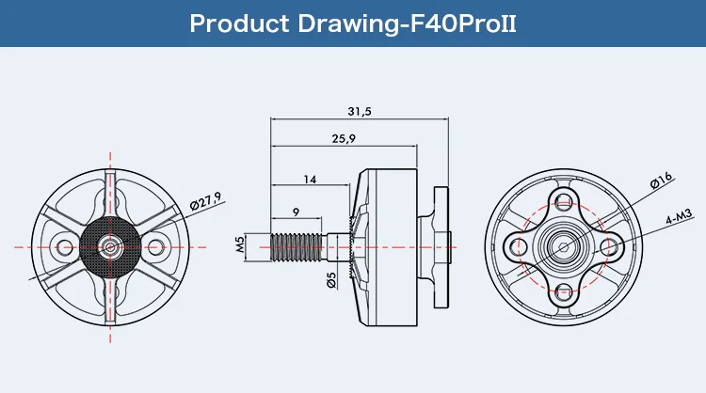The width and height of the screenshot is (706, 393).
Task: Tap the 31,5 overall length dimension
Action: [x=360, y=110]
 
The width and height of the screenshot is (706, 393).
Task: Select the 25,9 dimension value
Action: [x=344, y=139]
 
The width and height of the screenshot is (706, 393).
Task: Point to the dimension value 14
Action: [x=310, y=178]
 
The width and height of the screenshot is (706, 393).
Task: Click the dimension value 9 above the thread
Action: [x=296, y=212]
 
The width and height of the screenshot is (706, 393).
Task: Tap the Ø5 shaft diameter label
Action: [x=331, y=279]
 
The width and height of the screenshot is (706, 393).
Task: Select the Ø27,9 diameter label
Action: [x=204, y=201]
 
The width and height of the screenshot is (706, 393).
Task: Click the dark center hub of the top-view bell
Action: [x=110, y=246]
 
